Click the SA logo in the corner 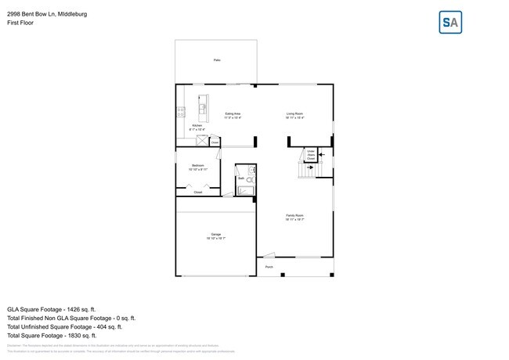point(450,22)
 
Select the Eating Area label point(233,115)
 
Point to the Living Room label point(294,115)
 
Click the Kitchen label point(197,127)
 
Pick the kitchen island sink point(202,108)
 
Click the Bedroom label point(198,167)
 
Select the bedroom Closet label point(198,192)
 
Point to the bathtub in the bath point(245,190)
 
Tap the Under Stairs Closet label point(311,155)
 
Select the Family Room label point(294,217)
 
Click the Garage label point(215,236)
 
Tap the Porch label point(269,267)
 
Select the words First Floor point(20,23)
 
